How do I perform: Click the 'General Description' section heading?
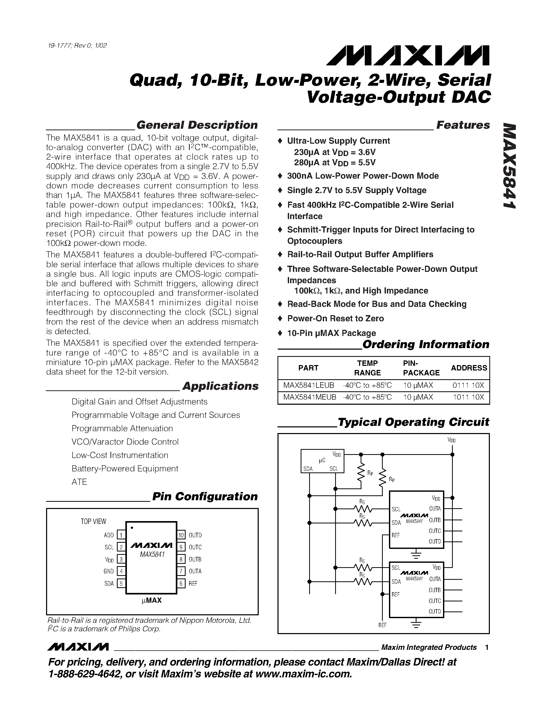197,125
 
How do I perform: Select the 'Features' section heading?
463,125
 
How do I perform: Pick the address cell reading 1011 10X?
468,397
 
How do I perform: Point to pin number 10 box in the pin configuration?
181,535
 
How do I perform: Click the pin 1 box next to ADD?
121,535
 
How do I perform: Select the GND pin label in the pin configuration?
109,571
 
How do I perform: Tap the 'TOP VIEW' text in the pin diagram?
93,521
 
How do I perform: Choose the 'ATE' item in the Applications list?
79,482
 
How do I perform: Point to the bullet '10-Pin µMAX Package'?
331,333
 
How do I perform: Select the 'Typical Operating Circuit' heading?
413,422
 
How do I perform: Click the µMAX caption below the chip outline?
152,600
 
